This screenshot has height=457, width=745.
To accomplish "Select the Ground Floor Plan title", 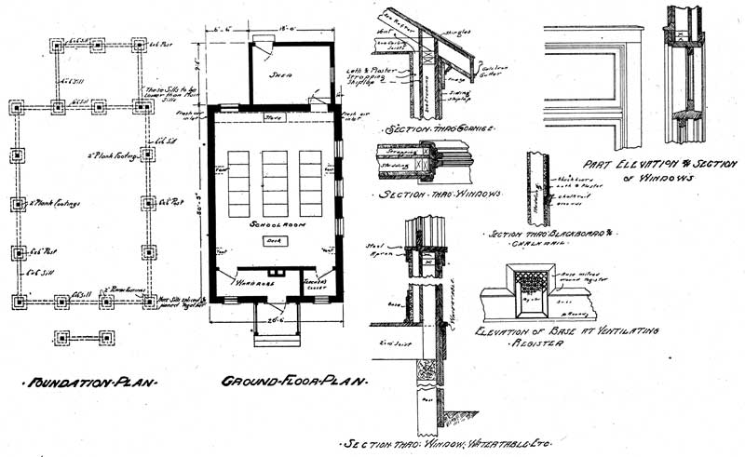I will click(294, 382).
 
